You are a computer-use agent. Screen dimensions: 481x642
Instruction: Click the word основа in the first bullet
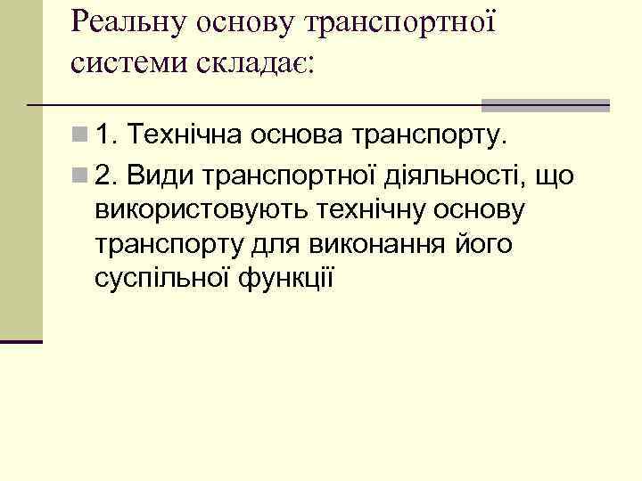click(x=298, y=136)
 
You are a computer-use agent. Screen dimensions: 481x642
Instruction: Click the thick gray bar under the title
click(x=545, y=105)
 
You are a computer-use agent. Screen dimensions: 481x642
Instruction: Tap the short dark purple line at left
click(x=21, y=341)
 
